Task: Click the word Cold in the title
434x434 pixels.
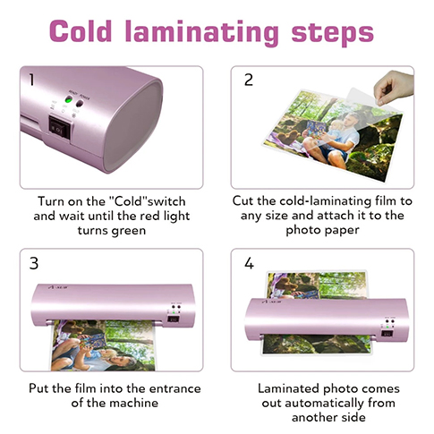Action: coord(81,31)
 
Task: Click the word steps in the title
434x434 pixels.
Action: coord(332,32)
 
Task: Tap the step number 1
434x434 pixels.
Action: coord(31,80)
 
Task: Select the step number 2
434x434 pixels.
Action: coord(249,80)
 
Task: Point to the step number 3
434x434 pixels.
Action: coord(34,263)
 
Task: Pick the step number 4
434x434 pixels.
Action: coord(249,263)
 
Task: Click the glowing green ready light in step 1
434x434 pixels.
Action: coord(69,100)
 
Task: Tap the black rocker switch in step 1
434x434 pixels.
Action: coord(59,129)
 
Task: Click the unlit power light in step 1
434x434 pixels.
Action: coord(80,103)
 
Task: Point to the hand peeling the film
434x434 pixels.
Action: coord(394,87)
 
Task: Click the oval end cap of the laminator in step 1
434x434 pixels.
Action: coord(132,126)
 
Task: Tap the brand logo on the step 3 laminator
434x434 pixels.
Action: coord(58,287)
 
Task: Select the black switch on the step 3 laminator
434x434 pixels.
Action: coord(174,319)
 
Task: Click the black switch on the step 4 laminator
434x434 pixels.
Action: coord(387,334)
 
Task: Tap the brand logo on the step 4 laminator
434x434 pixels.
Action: coord(271,302)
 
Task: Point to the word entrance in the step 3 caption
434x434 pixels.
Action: coord(174,388)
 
